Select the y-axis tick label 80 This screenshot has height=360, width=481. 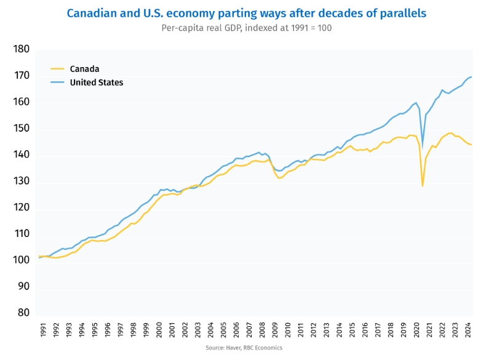pos(23,313)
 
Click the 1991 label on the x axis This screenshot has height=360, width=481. pos(43,329)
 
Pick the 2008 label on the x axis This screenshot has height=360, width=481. pos(263,329)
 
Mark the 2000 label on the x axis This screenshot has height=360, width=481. pos(160,329)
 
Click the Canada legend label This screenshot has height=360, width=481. pos(84,69)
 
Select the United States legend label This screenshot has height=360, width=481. pos(97,82)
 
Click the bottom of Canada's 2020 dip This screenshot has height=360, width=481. pos(423,186)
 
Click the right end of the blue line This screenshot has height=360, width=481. pos(471,77)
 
